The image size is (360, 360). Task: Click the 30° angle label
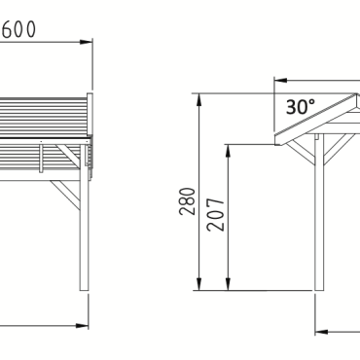(x=301, y=105)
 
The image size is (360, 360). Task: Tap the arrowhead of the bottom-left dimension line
(x=83, y=324)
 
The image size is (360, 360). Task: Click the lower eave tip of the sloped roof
(x=278, y=143)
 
